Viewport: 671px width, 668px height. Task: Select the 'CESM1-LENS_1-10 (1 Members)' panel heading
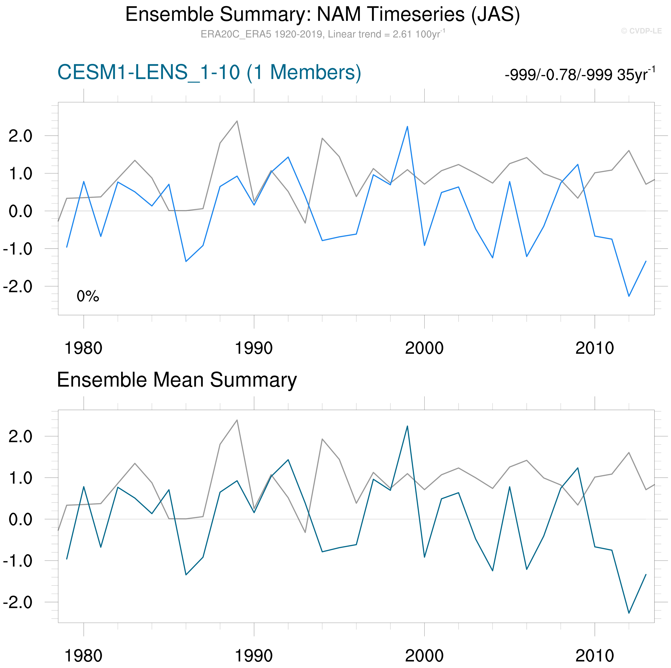click(209, 73)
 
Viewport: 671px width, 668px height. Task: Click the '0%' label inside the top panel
click(88, 296)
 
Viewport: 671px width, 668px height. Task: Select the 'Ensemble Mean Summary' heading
click(177, 380)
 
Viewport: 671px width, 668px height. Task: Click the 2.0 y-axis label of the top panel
click(20, 136)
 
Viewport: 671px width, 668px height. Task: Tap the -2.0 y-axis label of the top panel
click(17, 286)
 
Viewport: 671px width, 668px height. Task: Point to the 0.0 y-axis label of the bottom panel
click(20, 520)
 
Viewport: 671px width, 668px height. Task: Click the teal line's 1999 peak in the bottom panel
click(407, 426)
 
